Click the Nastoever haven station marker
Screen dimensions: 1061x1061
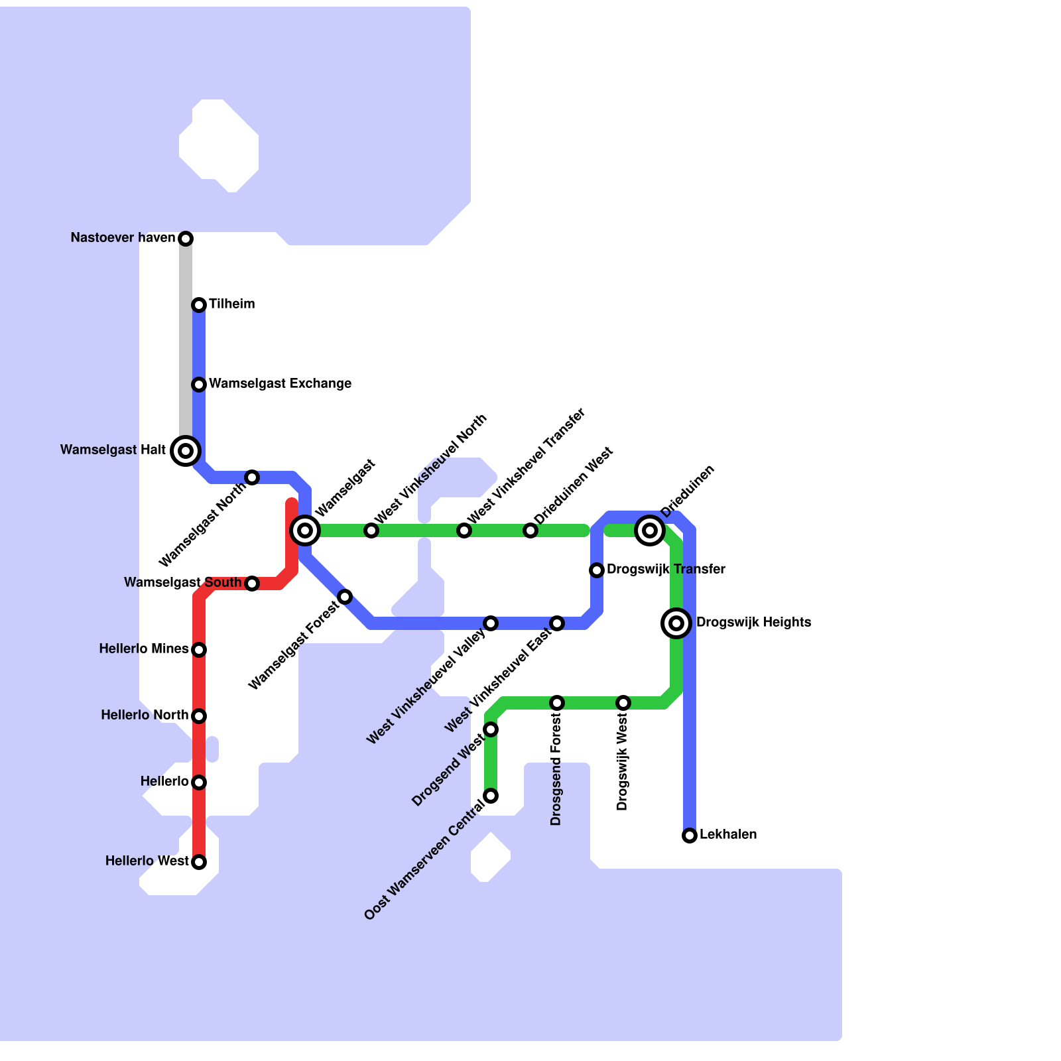point(186,239)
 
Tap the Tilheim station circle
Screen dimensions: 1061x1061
point(199,305)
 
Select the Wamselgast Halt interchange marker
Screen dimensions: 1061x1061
point(186,451)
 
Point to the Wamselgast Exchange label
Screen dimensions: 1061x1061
point(280,384)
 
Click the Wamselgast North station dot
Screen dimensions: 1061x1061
point(252,477)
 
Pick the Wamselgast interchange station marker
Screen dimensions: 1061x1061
point(305,530)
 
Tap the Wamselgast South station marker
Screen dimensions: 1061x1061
point(252,584)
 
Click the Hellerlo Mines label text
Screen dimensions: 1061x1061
point(144,649)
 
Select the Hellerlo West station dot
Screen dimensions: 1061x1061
point(199,862)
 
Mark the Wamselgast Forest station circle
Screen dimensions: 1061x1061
point(345,597)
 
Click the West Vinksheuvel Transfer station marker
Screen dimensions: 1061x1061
point(464,530)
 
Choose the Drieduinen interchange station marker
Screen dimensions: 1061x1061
point(650,530)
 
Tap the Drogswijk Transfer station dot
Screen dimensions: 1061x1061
point(597,570)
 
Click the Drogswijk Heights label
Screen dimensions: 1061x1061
point(753,623)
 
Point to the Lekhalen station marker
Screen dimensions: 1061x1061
point(690,836)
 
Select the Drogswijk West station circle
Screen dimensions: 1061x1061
point(623,703)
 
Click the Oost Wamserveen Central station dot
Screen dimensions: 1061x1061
point(491,796)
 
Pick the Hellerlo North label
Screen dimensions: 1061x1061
point(145,716)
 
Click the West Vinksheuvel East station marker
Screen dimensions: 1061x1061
point(557,623)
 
